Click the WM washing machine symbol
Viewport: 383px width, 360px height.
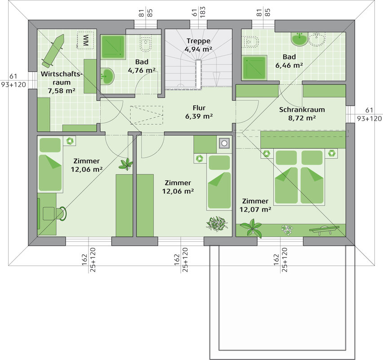tap(85, 40)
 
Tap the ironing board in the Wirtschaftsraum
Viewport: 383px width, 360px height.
tap(53, 50)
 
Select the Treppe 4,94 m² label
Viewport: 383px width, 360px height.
tap(198, 45)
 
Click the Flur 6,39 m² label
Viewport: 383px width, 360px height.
tap(199, 112)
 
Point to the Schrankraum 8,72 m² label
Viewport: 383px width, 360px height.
tap(302, 114)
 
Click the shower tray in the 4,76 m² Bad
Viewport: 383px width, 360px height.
tap(113, 47)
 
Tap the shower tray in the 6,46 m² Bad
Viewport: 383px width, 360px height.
tap(254, 67)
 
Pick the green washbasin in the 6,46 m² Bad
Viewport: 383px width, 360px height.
tap(299, 39)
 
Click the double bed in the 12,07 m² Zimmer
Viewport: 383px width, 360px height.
tap(299, 176)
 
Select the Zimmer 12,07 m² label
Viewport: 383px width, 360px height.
tap(255, 206)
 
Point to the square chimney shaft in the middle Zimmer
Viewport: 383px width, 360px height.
tap(224, 143)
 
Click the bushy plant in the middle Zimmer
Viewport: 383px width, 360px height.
tap(217, 223)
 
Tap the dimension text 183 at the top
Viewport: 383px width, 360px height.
tap(202, 12)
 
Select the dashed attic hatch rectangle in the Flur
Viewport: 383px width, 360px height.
tap(147, 115)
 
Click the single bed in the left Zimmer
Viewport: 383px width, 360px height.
tap(50, 164)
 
